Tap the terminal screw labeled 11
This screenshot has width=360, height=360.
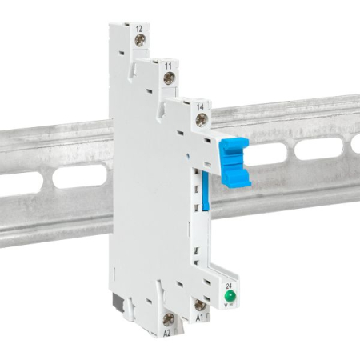pos(170,78)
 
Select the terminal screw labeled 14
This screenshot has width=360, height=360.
pos(201,119)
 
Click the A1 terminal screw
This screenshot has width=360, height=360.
pos(200,304)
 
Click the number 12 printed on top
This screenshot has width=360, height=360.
pos(139,30)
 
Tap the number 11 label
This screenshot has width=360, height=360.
pos(169,62)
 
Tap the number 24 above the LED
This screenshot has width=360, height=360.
pos(229,286)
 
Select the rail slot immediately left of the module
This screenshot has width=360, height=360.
pos(80,176)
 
